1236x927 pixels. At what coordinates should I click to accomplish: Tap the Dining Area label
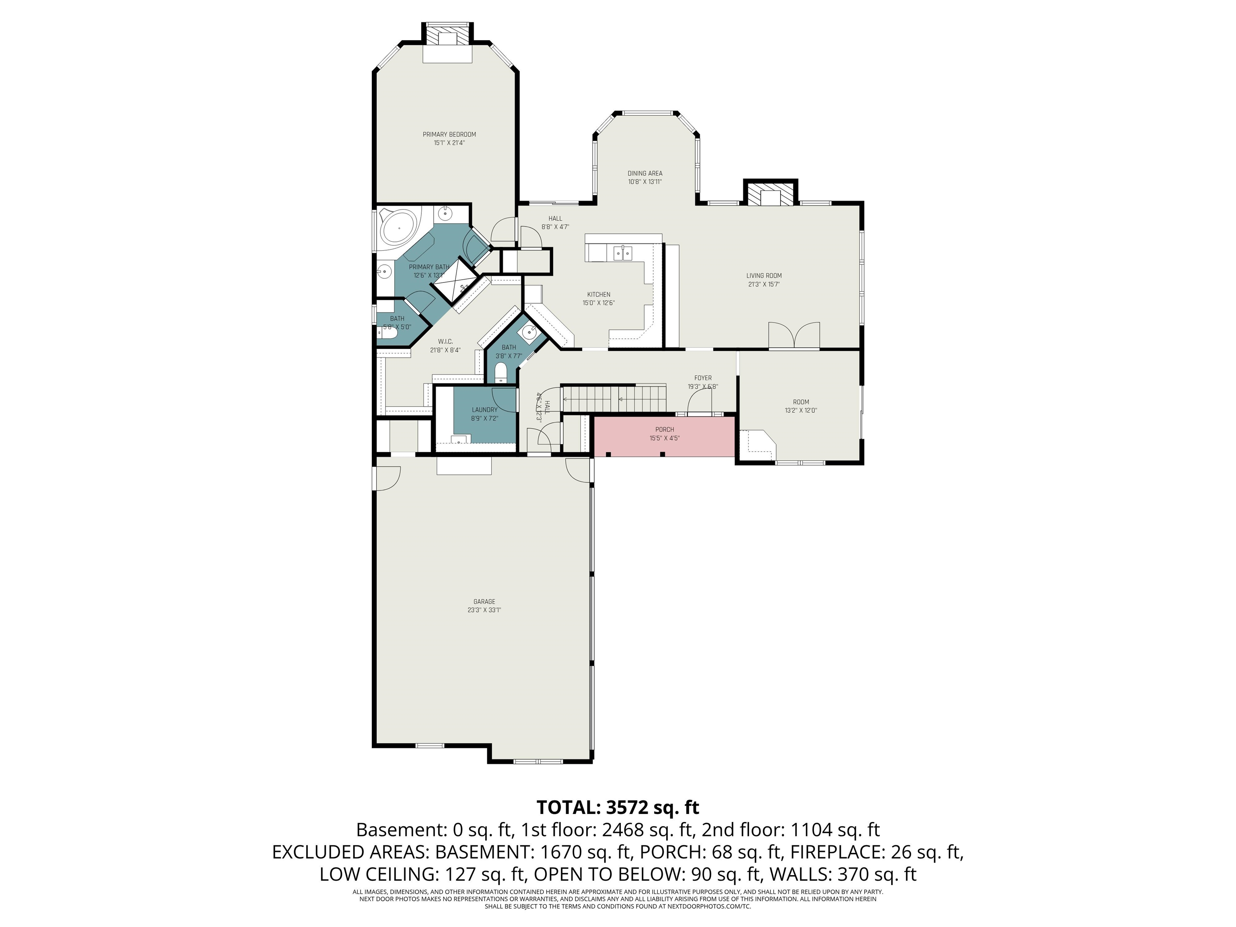tap(645, 173)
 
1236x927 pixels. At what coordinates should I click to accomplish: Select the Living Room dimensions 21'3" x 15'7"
tap(764, 284)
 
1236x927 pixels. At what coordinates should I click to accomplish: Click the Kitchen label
tap(598, 295)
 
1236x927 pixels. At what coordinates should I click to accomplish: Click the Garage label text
tap(484, 602)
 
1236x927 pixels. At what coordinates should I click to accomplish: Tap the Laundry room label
tap(484, 410)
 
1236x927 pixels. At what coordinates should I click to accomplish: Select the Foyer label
tap(703, 378)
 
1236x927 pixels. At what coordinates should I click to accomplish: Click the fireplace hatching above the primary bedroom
tap(447, 35)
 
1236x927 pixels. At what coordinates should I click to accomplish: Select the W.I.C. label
tap(445, 342)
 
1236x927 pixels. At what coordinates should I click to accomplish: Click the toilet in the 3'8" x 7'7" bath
tap(501, 373)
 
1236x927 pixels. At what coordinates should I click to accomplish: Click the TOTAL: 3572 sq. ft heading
tap(618, 808)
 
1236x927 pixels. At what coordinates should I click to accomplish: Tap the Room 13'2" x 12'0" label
tap(801, 406)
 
